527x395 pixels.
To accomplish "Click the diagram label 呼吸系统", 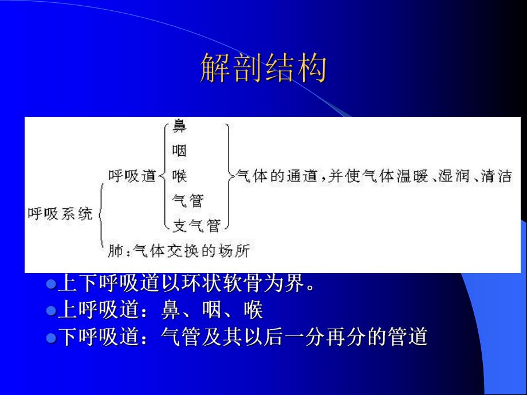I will tap(60, 214).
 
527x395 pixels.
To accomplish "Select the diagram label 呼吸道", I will tap(132, 176).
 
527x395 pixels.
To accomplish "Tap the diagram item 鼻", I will tap(179, 127).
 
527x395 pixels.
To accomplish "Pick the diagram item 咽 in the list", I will tap(179, 151).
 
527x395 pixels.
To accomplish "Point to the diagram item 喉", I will tap(179, 176).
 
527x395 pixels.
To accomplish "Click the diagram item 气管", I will tap(187, 200).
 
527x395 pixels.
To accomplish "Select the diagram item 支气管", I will tap(196, 225).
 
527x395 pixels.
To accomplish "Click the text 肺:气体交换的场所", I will tap(179, 250).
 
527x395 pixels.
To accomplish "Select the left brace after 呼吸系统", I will tap(101, 214).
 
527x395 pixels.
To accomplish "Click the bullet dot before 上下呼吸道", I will tap(50, 283).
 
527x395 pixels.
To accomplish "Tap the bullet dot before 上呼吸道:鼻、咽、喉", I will tap(50, 311).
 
